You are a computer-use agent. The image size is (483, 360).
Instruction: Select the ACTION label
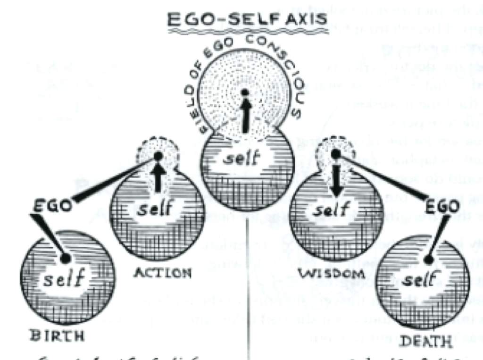[162, 272]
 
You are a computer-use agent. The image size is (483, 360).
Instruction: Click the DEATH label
[426, 340]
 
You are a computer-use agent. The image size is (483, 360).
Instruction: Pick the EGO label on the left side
[52, 206]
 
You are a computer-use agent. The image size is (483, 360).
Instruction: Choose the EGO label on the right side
[442, 206]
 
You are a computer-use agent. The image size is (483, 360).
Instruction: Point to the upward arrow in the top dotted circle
[245, 115]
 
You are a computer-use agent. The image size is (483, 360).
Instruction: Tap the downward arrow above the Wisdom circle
[336, 182]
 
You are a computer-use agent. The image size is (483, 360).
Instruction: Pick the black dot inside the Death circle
[428, 260]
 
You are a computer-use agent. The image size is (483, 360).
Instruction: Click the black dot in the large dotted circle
[245, 92]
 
